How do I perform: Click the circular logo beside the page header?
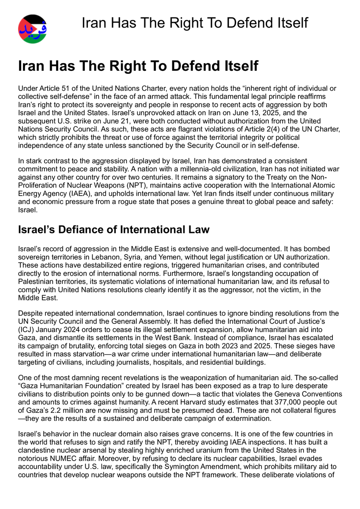pyautogui.click(x=32, y=29)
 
